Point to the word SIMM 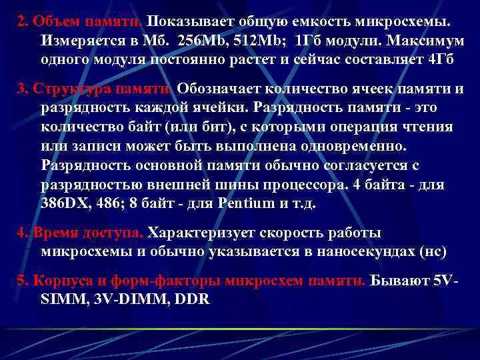tap(59, 299)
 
